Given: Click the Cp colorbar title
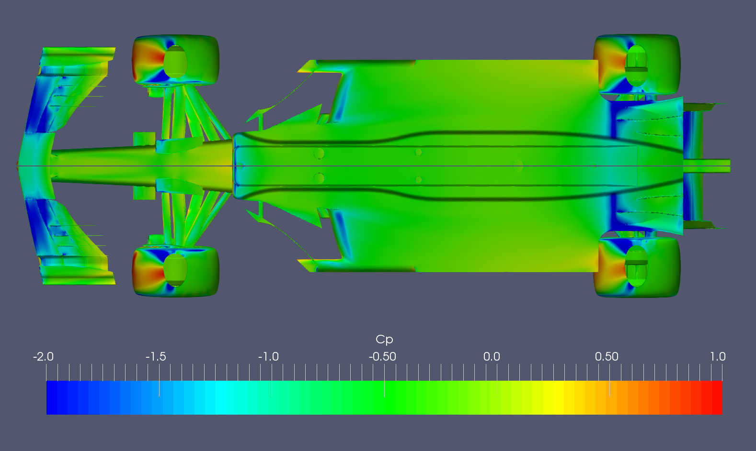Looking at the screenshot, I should (384, 340).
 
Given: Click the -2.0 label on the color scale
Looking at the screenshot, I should (43, 357).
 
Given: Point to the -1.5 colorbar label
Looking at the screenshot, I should (156, 357).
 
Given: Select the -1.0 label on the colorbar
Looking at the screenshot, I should (268, 357).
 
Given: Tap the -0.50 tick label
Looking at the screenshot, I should (382, 357).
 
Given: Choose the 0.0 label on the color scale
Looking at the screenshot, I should (492, 357).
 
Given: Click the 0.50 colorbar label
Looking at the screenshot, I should (607, 357).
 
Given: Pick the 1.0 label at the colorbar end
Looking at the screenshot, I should (718, 357).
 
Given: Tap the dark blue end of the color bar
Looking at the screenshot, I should (53, 397).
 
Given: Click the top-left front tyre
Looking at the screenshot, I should (175, 60).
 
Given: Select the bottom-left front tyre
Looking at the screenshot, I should (175, 271).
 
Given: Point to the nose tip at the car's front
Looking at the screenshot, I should (19, 166).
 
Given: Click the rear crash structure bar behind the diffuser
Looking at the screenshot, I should (707, 166).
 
